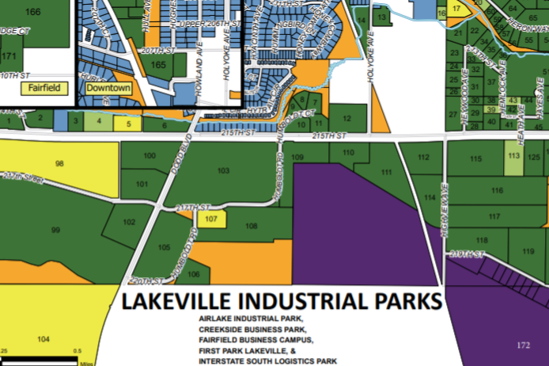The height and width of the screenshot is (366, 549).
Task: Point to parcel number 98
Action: tap(59, 163)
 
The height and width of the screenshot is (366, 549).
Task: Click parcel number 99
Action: tap(55, 230)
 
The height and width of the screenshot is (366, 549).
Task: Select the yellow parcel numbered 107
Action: tap(210, 218)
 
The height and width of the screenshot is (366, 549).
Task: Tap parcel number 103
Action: tap(223, 171)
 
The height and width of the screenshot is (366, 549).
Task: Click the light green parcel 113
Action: tap(513, 158)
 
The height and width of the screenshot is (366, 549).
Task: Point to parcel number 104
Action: tap(44, 338)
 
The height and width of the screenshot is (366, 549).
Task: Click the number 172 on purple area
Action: tap(522, 345)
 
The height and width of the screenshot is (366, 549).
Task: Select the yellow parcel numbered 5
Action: tap(127, 124)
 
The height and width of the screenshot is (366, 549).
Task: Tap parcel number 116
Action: tap(496, 191)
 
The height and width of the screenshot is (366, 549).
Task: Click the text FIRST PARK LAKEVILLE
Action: tap(244, 349)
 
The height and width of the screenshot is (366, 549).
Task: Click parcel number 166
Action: tap(33, 12)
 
